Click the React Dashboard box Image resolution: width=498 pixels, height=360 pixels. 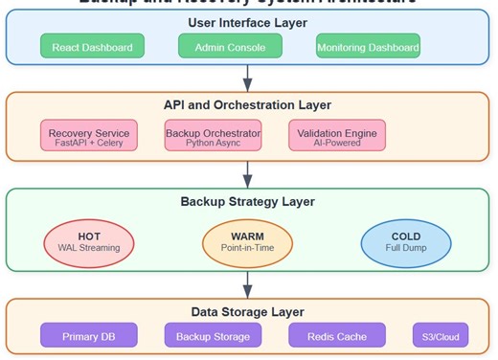point(93,46)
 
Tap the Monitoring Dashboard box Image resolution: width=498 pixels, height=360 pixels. point(368,46)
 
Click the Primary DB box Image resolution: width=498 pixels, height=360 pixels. point(89,335)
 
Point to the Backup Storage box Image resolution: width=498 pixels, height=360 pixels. point(213,335)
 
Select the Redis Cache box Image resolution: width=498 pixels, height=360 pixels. point(337,335)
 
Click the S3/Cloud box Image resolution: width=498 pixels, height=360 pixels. point(441,335)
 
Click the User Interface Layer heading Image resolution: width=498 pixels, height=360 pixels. point(248,20)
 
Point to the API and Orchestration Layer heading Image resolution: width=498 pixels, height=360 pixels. point(248,105)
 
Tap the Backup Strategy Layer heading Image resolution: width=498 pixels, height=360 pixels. point(248,201)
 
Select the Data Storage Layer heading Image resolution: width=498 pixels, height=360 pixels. point(248,311)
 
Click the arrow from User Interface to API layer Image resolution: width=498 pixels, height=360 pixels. point(248,77)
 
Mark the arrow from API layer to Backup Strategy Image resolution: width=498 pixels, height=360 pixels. point(248,173)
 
